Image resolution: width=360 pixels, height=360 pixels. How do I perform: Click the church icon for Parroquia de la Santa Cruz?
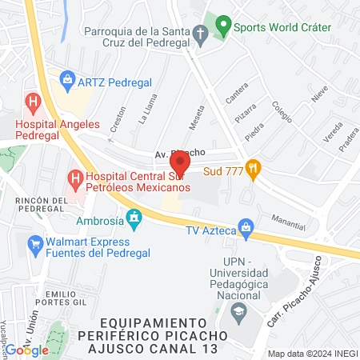[x=201, y=34]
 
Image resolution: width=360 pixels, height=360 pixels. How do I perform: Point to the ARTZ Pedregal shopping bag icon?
[x=67, y=80]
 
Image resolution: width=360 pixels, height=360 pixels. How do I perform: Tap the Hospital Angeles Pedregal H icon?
[x=33, y=102]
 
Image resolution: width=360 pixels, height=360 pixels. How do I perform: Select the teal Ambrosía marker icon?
[x=135, y=217]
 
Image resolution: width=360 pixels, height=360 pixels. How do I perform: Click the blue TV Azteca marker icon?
[x=247, y=227]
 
